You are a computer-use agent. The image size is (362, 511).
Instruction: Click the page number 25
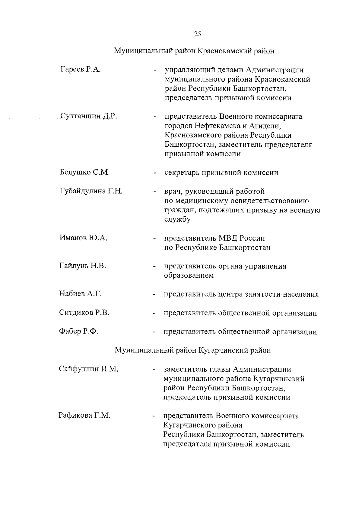[197, 34]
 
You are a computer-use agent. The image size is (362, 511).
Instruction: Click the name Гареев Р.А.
[80, 70]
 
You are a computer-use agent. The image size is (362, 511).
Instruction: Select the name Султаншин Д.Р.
[88, 116]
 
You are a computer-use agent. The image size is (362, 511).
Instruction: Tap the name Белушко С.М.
[84, 172]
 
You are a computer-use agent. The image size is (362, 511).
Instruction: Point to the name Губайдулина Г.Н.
[91, 191]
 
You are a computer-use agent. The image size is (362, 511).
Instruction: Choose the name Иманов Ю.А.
[84, 238]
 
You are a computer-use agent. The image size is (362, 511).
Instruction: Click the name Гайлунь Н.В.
[83, 266]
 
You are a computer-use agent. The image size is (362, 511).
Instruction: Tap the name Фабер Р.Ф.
[79, 332]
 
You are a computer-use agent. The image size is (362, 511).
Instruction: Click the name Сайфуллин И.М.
[88, 369]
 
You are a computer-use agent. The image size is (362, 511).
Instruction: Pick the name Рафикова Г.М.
[84, 416]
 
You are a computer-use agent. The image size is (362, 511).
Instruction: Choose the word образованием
[189, 276]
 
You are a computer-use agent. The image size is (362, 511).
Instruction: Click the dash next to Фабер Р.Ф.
[154, 332]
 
